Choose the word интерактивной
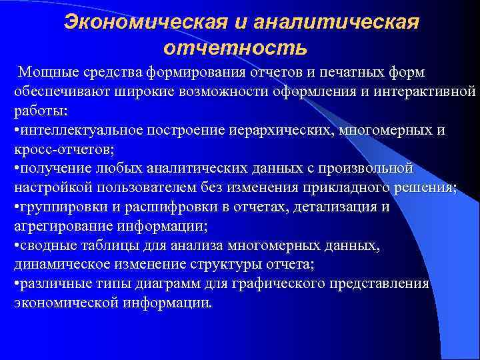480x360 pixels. [418, 90]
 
